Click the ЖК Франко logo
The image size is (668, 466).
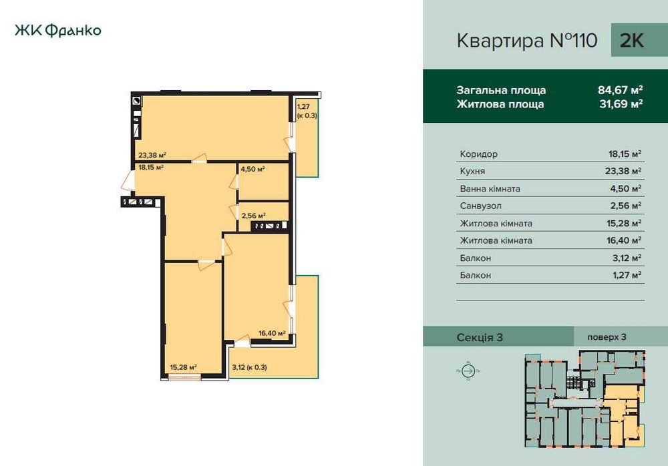pyautogui.click(x=57, y=31)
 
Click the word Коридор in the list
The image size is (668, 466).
pyautogui.click(x=479, y=154)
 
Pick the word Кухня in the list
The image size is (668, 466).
pyautogui.click(x=474, y=172)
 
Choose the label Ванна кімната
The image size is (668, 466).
pyautogui.click(x=490, y=189)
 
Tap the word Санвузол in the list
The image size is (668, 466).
pyautogui.click(x=480, y=206)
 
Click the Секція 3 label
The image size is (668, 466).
pyautogui.click(x=480, y=337)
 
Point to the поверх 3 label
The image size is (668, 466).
pyautogui.click(x=607, y=337)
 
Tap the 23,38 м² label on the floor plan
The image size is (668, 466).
pyautogui.click(x=152, y=155)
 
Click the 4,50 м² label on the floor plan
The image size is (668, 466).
pyautogui.click(x=253, y=169)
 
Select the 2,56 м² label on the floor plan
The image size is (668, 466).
pyautogui.click(x=254, y=216)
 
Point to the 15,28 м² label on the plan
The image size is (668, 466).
pyautogui.click(x=183, y=367)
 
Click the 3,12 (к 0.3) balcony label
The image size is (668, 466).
pyautogui.click(x=249, y=367)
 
